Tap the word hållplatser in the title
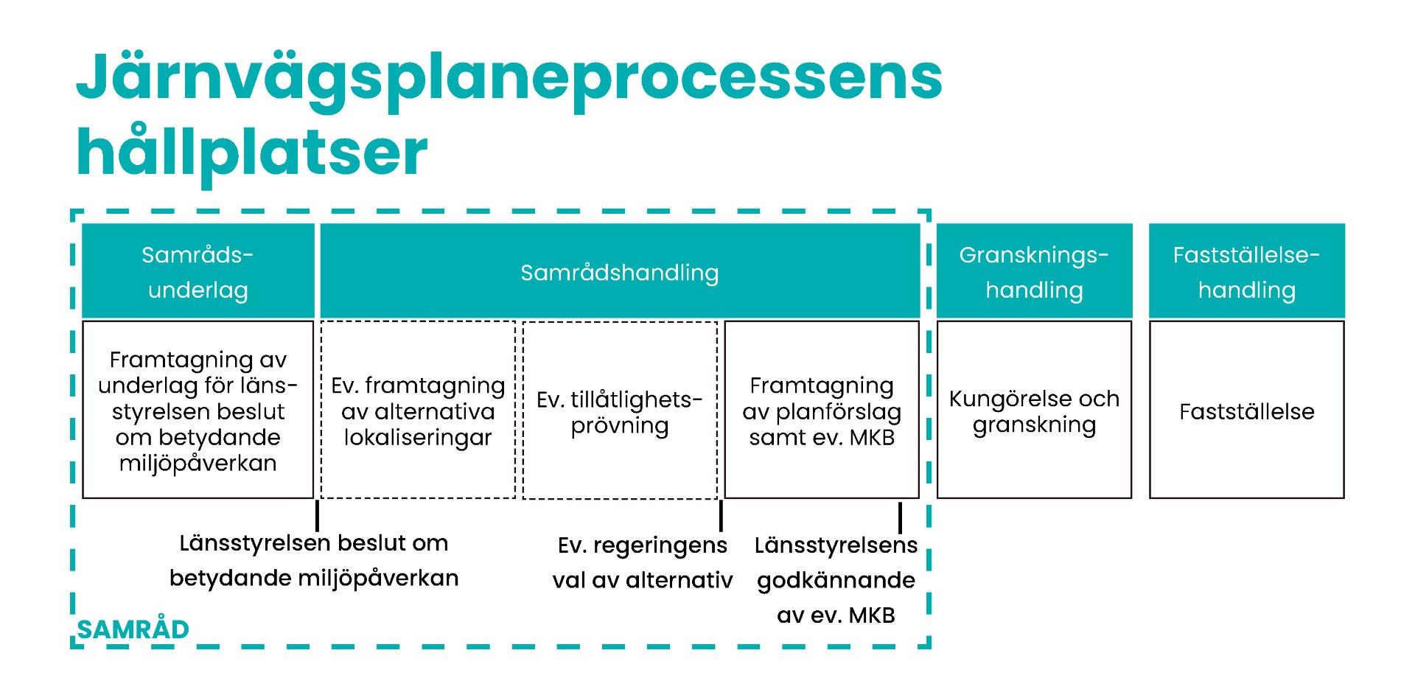[251, 153]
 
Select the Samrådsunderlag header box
[198, 271]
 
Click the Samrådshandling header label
[619, 273]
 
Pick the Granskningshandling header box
[1034, 271]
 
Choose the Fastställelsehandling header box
[1246, 271]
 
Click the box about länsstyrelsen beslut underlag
[198, 411]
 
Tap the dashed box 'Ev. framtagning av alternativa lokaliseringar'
[418, 411]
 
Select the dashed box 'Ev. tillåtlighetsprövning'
[619, 411]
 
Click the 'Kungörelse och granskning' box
[1034, 411]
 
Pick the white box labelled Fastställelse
[1246, 411]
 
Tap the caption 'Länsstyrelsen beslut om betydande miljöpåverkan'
[314, 560]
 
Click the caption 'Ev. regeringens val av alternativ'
[643, 562]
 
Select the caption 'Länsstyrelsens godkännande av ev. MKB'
[836, 580]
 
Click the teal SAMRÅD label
[133, 629]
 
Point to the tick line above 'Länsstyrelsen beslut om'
[317, 515]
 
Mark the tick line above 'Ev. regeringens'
[721, 515]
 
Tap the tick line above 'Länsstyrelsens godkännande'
[900, 517]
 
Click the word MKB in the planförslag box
[872, 437]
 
